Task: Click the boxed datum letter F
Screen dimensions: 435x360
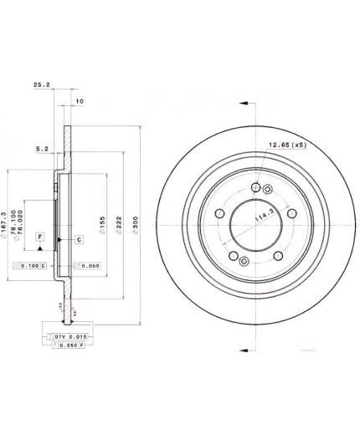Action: pos(39,238)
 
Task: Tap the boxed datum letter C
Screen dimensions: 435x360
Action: pos(78,239)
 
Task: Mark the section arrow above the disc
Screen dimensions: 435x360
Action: pos(244,104)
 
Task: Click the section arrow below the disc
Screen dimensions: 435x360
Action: pos(244,345)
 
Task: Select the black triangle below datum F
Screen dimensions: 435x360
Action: pos(39,251)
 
